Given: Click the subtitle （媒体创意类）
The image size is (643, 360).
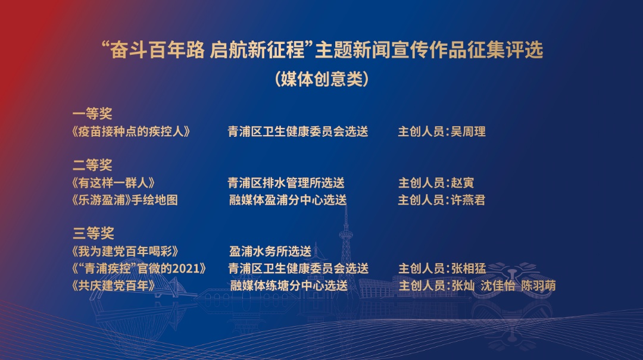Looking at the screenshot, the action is (x=322, y=79).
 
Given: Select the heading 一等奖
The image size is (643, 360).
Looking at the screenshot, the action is (x=92, y=114).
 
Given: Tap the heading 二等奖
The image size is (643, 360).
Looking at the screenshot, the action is (x=92, y=165).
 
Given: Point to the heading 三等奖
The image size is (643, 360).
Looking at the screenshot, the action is (x=93, y=233).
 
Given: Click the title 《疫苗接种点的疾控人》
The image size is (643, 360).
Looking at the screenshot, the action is (x=131, y=132).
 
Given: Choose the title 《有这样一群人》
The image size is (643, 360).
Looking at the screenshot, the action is (x=113, y=183).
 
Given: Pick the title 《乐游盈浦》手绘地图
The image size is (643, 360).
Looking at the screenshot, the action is (x=124, y=200).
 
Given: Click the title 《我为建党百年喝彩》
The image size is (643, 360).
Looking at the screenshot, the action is (x=125, y=251).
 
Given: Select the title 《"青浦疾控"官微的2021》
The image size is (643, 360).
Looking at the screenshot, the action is (x=139, y=268).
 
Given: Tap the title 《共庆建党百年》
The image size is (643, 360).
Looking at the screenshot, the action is (x=113, y=286).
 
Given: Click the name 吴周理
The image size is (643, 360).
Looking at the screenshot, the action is (x=469, y=132).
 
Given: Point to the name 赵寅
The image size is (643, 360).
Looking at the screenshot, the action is (x=463, y=183).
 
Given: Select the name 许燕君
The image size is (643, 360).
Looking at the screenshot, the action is (x=468, y=200).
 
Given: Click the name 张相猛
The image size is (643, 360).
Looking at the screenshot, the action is (x=469, y=268).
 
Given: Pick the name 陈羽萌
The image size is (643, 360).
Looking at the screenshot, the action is (x=538, y=286).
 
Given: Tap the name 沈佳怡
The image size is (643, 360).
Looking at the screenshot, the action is (x=497, y=286).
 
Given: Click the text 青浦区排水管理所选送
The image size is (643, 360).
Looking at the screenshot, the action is (x=286, y=183).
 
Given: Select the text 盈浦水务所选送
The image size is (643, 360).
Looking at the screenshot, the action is (x=270, y=251).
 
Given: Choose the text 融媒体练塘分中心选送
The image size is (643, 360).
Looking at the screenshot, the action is (x=289, y=286).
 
